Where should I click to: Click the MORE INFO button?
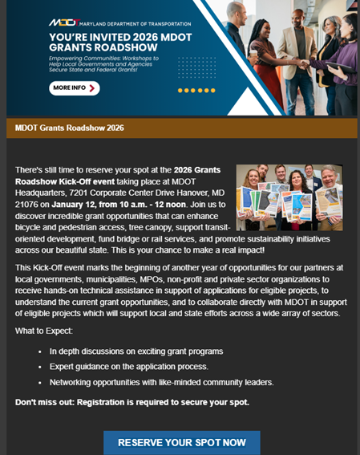[x=74, y=87]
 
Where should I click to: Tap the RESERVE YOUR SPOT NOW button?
[x=182, y=442]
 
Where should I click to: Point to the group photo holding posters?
[x=289, y=198]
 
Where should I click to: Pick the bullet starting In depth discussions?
[x=136, y=351]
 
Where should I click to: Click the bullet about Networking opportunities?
[x=161, y=381]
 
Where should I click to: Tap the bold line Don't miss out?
[x=131, y=402]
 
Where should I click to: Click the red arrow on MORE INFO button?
[x=92, y=87]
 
